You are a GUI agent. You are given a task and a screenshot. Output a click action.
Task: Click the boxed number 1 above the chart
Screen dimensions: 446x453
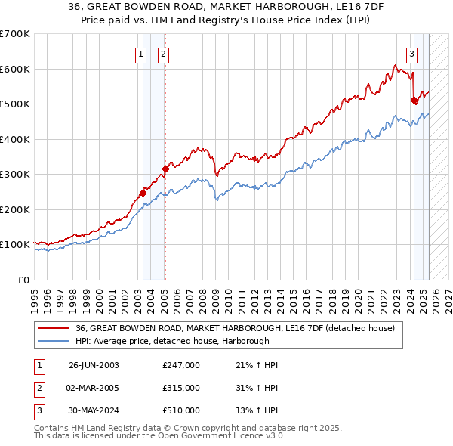point(141,54)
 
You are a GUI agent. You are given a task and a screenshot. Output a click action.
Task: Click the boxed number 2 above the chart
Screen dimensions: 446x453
point(163,54)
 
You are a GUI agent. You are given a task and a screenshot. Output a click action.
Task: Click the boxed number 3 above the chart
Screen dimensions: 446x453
point(411,54)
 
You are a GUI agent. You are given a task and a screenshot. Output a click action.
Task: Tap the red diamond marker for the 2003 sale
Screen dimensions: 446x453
point(143,193)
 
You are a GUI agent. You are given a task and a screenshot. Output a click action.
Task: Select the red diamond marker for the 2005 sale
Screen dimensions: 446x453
point(165,169)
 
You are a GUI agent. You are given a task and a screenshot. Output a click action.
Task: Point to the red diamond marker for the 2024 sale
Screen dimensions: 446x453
point(414,100)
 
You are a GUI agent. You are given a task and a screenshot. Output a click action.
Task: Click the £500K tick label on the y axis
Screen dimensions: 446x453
point(15,104)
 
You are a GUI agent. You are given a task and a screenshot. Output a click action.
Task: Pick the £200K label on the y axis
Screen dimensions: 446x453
point(15,209)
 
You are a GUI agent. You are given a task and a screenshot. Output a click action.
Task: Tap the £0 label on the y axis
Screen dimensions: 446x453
point(23,280)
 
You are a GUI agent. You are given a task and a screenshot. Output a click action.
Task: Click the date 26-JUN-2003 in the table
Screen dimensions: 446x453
point(94,365)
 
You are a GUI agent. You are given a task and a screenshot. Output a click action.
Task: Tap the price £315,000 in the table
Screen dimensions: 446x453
point(181,388)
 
